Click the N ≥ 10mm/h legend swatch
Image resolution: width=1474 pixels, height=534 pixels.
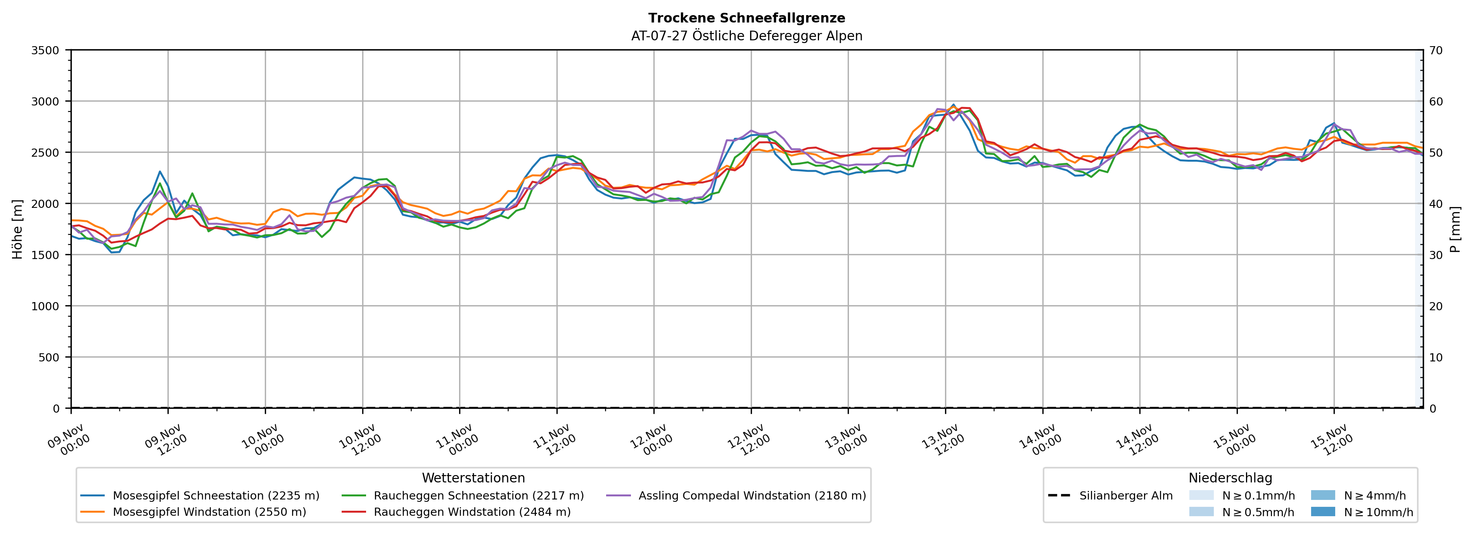coord(1322,512)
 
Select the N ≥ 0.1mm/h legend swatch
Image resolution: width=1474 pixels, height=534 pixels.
coord(1201,495)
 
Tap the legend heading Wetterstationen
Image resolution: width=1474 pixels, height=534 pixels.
coord(473,478)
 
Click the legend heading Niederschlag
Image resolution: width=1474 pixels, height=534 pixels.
coord(1230,478)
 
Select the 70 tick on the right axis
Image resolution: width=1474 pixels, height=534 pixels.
coord(1436,50)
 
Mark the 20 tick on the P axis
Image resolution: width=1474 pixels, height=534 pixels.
coord(1436,306)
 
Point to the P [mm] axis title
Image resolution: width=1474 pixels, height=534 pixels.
coord(1455,229)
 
